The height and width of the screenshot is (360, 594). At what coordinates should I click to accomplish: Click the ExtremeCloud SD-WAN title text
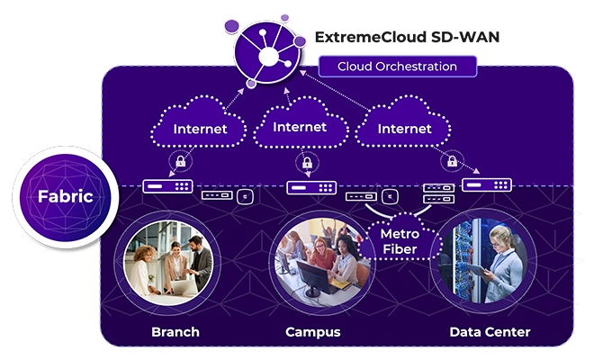click(x=407, y=37)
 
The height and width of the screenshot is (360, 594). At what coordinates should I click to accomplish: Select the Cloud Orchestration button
click(x=398, y=67)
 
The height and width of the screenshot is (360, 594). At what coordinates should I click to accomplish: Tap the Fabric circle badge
click(x=65, y=196)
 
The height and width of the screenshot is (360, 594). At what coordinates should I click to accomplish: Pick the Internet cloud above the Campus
click(x=300, y=122)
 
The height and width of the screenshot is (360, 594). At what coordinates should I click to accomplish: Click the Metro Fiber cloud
click(x=400, y=238)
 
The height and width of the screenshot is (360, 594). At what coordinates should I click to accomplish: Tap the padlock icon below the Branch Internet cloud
click(x=181, y=161)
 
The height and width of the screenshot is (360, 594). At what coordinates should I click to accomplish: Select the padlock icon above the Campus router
click(x=307, y=163)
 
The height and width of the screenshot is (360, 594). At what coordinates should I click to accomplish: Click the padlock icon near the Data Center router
click(x=452, y=161)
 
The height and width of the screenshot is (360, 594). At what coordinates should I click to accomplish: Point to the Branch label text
click(x=175, y=332)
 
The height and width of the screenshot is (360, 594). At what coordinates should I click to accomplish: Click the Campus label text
click(x=313, y=332)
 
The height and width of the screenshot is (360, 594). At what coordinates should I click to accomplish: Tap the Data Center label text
click(x=490, y=332)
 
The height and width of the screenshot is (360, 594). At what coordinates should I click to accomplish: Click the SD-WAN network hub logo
click(x=268, y=52)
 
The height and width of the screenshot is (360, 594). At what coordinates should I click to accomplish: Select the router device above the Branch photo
click(x=167, y=186)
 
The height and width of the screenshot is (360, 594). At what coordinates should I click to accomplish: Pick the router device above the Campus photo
click(x=311, y=187)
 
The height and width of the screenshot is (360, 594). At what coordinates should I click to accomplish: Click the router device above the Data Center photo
click(x=487, y=184)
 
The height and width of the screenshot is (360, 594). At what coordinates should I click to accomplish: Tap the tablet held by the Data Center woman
click(x=475, y=268)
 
